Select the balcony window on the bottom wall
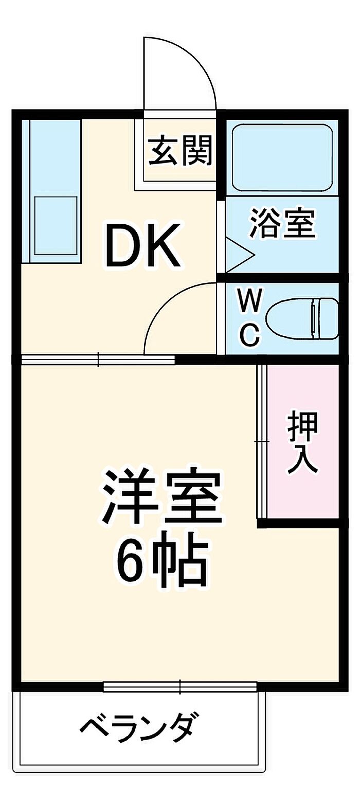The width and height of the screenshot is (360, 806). pyautogui.click(x=180, y=686)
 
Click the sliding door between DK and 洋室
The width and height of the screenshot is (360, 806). pyautogui.click(x=98, y=360)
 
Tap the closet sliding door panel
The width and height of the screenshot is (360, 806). pyautogui.click(x=262, y=441)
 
